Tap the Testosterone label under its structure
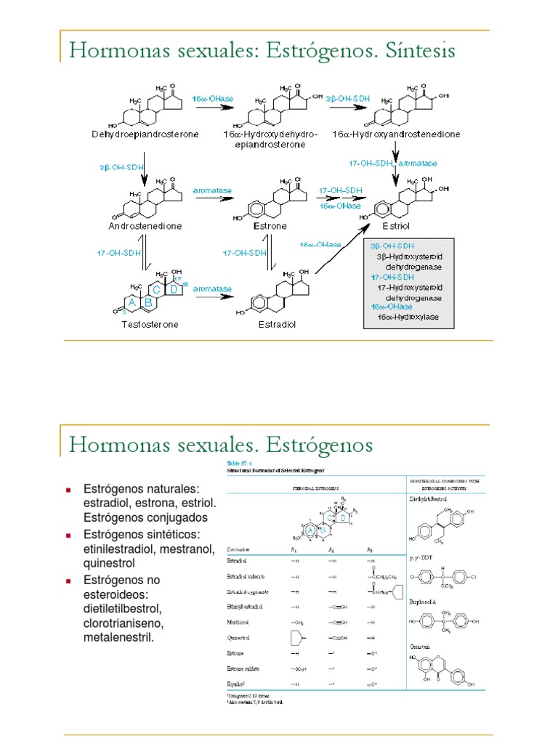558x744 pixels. click(x=150, y=324)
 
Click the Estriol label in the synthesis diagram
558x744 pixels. click(x=400, y=226)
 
